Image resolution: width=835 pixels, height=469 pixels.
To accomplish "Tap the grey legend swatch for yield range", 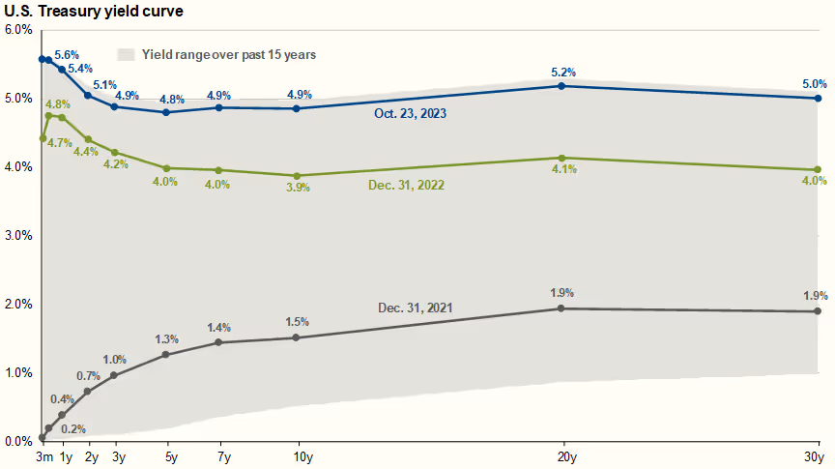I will [x=126, y=54].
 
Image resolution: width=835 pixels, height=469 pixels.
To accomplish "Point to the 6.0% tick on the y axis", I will [x=18, y=30].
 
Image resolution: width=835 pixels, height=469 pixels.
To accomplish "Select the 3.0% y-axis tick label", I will [x=18, y=235].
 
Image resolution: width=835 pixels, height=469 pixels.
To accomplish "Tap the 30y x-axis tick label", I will [x=815, y=456].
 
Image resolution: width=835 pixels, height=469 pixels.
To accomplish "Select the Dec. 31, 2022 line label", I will [x=406, y=184].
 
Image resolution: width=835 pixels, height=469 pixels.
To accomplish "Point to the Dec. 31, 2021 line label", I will [x=416, y=308].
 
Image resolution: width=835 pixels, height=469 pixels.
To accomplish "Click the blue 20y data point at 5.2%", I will [x=562, y=86].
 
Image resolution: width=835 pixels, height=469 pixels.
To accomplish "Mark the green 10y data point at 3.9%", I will [x=296, y=176].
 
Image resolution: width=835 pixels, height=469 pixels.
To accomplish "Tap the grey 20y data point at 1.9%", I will [x=562, y=308].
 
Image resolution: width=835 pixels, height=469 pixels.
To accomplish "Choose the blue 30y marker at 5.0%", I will [x=818, y=98].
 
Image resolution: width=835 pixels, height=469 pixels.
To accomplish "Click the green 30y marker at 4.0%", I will [x=818, y=170].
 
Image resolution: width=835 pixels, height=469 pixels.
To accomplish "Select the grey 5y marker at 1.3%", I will [x=166, y=354].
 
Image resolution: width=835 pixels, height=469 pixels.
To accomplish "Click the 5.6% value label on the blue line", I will [x=67, y=54].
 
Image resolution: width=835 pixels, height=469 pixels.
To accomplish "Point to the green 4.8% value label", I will [x=57, y=104].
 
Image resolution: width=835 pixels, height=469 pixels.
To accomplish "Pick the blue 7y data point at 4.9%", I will [x=218, y=107].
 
